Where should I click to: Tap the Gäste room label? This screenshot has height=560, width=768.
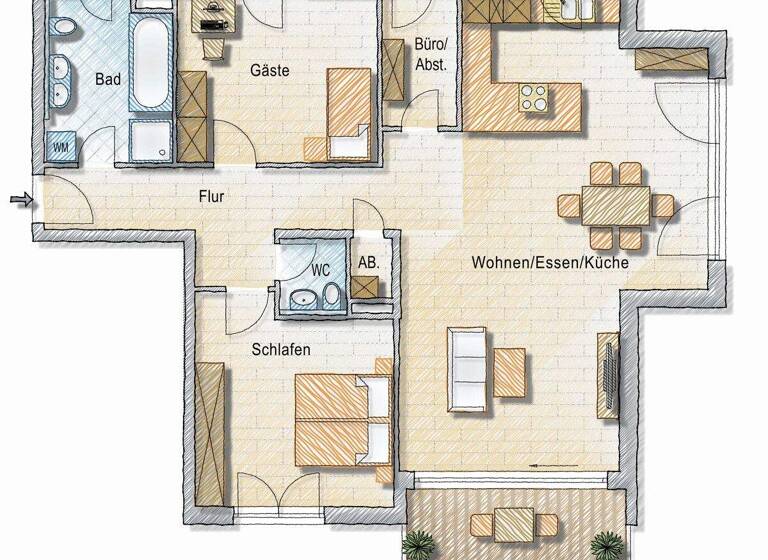coord(269,71)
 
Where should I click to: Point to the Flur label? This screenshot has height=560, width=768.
coord(211,197)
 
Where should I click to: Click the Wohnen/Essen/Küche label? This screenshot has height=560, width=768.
coord(550,263)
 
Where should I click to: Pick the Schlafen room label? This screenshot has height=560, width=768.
coord(280,350)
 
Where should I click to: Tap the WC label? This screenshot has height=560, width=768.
coord(320,270)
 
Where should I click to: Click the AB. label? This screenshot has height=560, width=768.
coord(368,263)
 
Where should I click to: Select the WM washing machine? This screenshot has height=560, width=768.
coord(61,147)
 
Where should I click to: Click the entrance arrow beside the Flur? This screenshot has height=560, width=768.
coord(20,201)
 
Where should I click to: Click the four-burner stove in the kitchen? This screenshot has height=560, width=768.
coord(533,97)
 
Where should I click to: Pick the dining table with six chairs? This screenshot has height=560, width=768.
coord(615,207)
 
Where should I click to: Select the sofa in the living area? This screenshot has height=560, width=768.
coord(467,369)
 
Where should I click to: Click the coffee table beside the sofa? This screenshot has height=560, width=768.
coord(509,372)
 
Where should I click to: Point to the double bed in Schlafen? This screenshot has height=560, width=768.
coord(341,418)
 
